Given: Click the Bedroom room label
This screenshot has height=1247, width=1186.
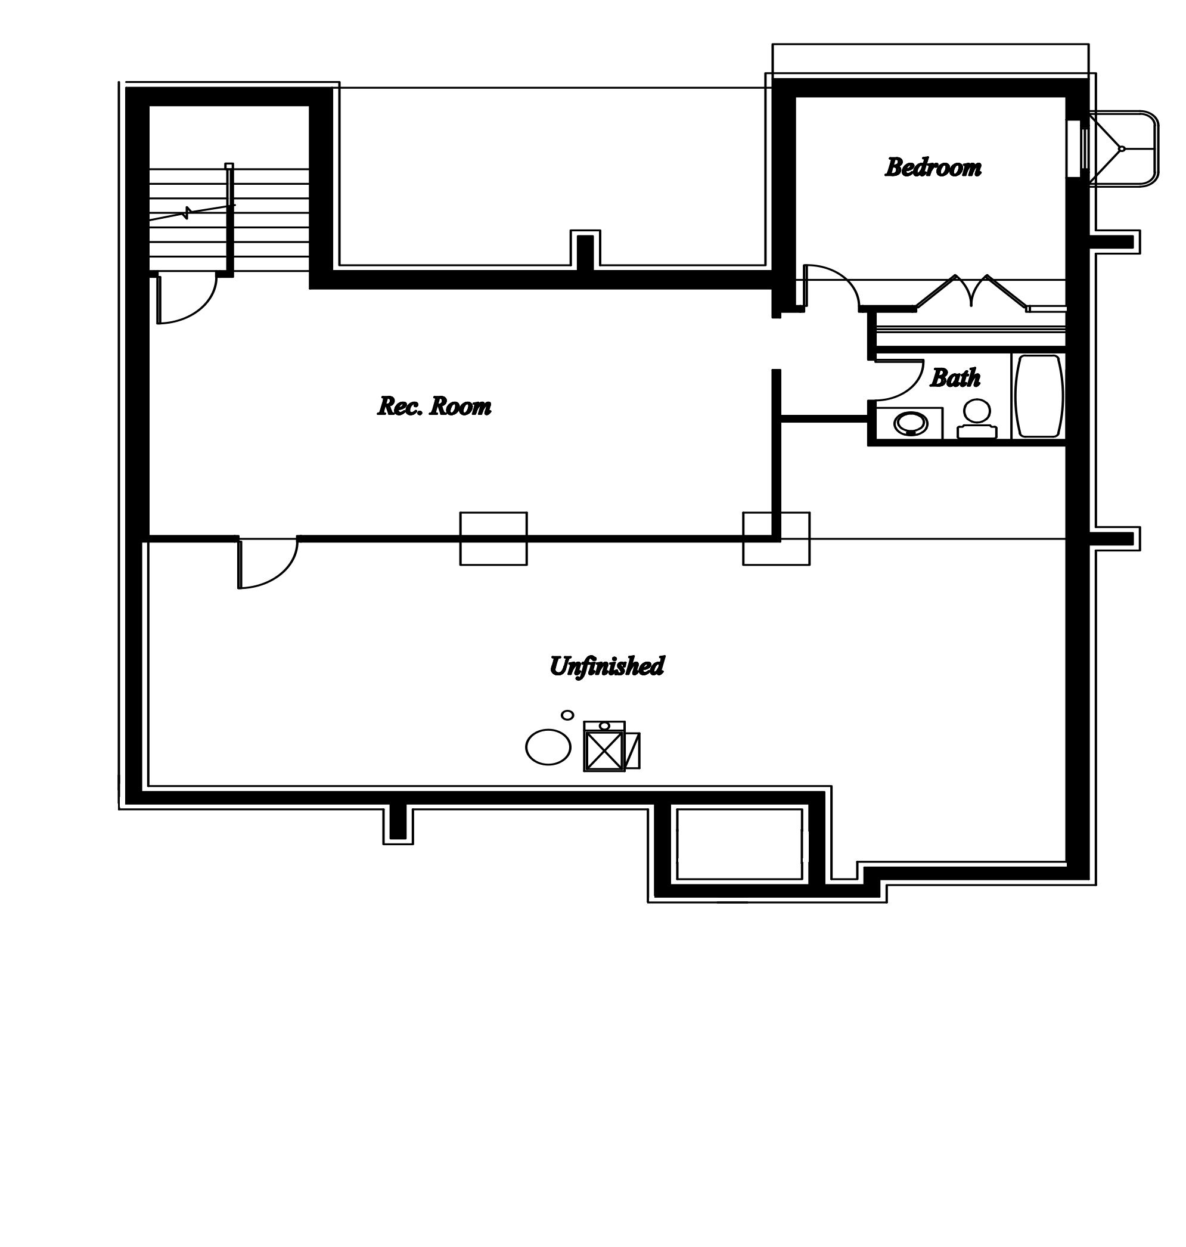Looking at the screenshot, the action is coord(933,167).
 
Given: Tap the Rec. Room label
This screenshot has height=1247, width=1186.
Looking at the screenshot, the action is coord(434,406).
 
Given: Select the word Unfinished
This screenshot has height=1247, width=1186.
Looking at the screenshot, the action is coord(606,666).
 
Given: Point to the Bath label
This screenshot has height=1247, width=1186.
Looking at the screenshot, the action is coord(955,378).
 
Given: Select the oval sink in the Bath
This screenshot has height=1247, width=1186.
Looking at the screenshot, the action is coord(911,424).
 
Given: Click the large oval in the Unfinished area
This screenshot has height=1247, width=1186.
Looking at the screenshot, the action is coord(548,747).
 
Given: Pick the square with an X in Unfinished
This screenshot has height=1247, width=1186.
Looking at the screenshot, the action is coord(604,750).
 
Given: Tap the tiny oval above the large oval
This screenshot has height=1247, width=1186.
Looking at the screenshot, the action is coord(568,715).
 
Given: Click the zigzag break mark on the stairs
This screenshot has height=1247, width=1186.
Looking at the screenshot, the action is coord(187,212).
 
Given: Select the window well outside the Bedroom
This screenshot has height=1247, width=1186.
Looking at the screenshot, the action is coord(1124,149).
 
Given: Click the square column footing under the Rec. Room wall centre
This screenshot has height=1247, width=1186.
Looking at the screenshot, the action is coord(493,539).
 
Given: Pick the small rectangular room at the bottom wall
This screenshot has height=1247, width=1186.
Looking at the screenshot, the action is coord(739,844).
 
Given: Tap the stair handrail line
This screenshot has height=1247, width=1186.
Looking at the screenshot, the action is coord(230,220).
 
